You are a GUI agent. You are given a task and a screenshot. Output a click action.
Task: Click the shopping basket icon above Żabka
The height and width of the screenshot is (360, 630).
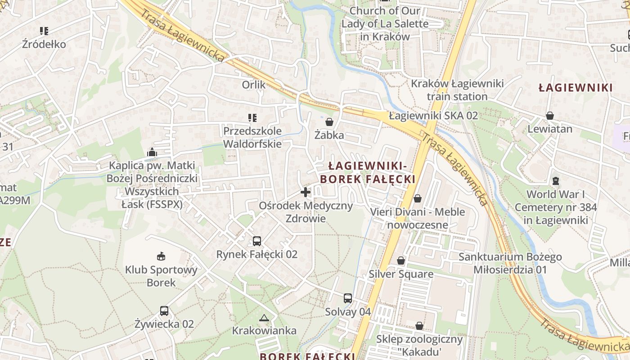[x=329, y=122]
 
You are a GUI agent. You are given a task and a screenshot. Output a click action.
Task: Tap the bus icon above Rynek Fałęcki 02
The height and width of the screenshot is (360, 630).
[x=256, y=241]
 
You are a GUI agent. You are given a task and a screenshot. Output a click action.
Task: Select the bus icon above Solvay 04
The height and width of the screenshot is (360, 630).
[x=347, y=298]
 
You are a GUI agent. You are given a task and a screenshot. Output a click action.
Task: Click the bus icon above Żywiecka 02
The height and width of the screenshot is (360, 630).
[x=164, y=310]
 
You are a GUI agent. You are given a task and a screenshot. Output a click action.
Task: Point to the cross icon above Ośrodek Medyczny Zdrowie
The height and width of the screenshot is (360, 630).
[x=306, y=193]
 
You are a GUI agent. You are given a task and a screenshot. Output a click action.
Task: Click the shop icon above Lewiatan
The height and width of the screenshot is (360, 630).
[x=549, y=116]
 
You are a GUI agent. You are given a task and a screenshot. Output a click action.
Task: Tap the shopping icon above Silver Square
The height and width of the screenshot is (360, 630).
[x=401, y=261]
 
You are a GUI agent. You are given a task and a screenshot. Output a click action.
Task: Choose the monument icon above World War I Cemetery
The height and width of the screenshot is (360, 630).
[x=556, y=181]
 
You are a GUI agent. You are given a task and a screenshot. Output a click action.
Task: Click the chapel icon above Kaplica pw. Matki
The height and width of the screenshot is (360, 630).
[x=152, y=152]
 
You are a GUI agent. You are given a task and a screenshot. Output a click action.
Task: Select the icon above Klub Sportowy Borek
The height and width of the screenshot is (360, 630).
[x=161, y=256]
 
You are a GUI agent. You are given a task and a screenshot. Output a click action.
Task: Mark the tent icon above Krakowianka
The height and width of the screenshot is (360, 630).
[x=264, y=318]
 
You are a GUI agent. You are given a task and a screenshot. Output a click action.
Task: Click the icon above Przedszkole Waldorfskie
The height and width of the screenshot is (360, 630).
[x=252, y=118]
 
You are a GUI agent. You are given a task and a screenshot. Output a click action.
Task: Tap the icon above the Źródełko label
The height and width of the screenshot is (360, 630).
[x=44, y=31]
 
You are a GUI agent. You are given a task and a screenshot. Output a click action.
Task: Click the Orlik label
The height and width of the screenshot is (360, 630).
[x=253, y=85]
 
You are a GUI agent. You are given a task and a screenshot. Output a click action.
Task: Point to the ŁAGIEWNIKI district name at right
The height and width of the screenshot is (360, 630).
[x=576, y=88]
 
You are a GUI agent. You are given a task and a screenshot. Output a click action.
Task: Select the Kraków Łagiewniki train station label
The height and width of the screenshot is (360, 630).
[x=457, y=90]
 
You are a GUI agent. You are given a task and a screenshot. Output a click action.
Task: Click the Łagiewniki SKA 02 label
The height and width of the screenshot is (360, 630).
[x=433, y=116]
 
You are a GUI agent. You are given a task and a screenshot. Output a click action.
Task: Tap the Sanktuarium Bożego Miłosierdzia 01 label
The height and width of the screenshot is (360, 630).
[x=510, y=263]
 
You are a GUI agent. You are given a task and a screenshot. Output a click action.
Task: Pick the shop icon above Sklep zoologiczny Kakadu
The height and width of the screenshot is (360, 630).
[x=419, y=325]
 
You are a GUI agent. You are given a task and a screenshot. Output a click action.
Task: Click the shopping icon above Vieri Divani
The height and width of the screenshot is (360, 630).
[x=417, y=198]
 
